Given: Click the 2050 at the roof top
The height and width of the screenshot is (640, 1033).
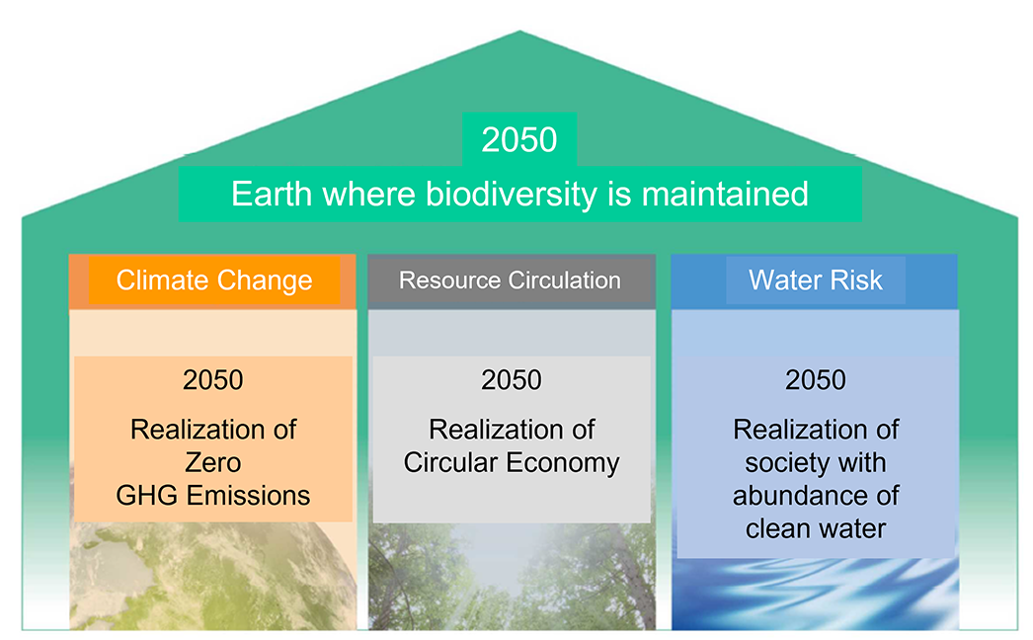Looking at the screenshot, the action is click(519, 139).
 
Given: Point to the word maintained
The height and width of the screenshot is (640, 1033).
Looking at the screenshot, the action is click(725, 194).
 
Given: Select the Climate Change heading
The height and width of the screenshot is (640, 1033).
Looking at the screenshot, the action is click(214, 280).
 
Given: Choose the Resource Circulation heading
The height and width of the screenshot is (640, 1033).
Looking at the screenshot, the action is click(510, 280).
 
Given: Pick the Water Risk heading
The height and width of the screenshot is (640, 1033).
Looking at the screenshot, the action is click(816, 280).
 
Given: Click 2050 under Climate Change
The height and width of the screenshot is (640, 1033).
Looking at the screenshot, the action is click(212, 380).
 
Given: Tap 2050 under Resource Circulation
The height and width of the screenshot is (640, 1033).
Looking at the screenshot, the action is click(512, 380).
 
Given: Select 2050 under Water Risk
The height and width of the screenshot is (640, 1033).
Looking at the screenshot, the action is click(816, 380).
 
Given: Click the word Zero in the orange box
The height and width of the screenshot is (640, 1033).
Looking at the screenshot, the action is click(212, 462).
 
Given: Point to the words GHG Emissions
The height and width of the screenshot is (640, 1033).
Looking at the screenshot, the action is click(212, 496).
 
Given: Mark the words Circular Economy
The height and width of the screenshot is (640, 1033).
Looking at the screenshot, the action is click(512, 462).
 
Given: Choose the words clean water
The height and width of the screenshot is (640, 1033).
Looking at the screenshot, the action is click(816, 528).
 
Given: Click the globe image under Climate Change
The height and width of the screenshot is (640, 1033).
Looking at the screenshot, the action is click(212, 577).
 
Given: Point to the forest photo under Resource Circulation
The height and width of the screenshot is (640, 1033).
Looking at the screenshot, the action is click(512, 577).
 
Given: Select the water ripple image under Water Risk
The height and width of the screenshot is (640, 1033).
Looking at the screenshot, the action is click(815, 595).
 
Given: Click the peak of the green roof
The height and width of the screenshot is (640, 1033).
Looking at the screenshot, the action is click(519, 32).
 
